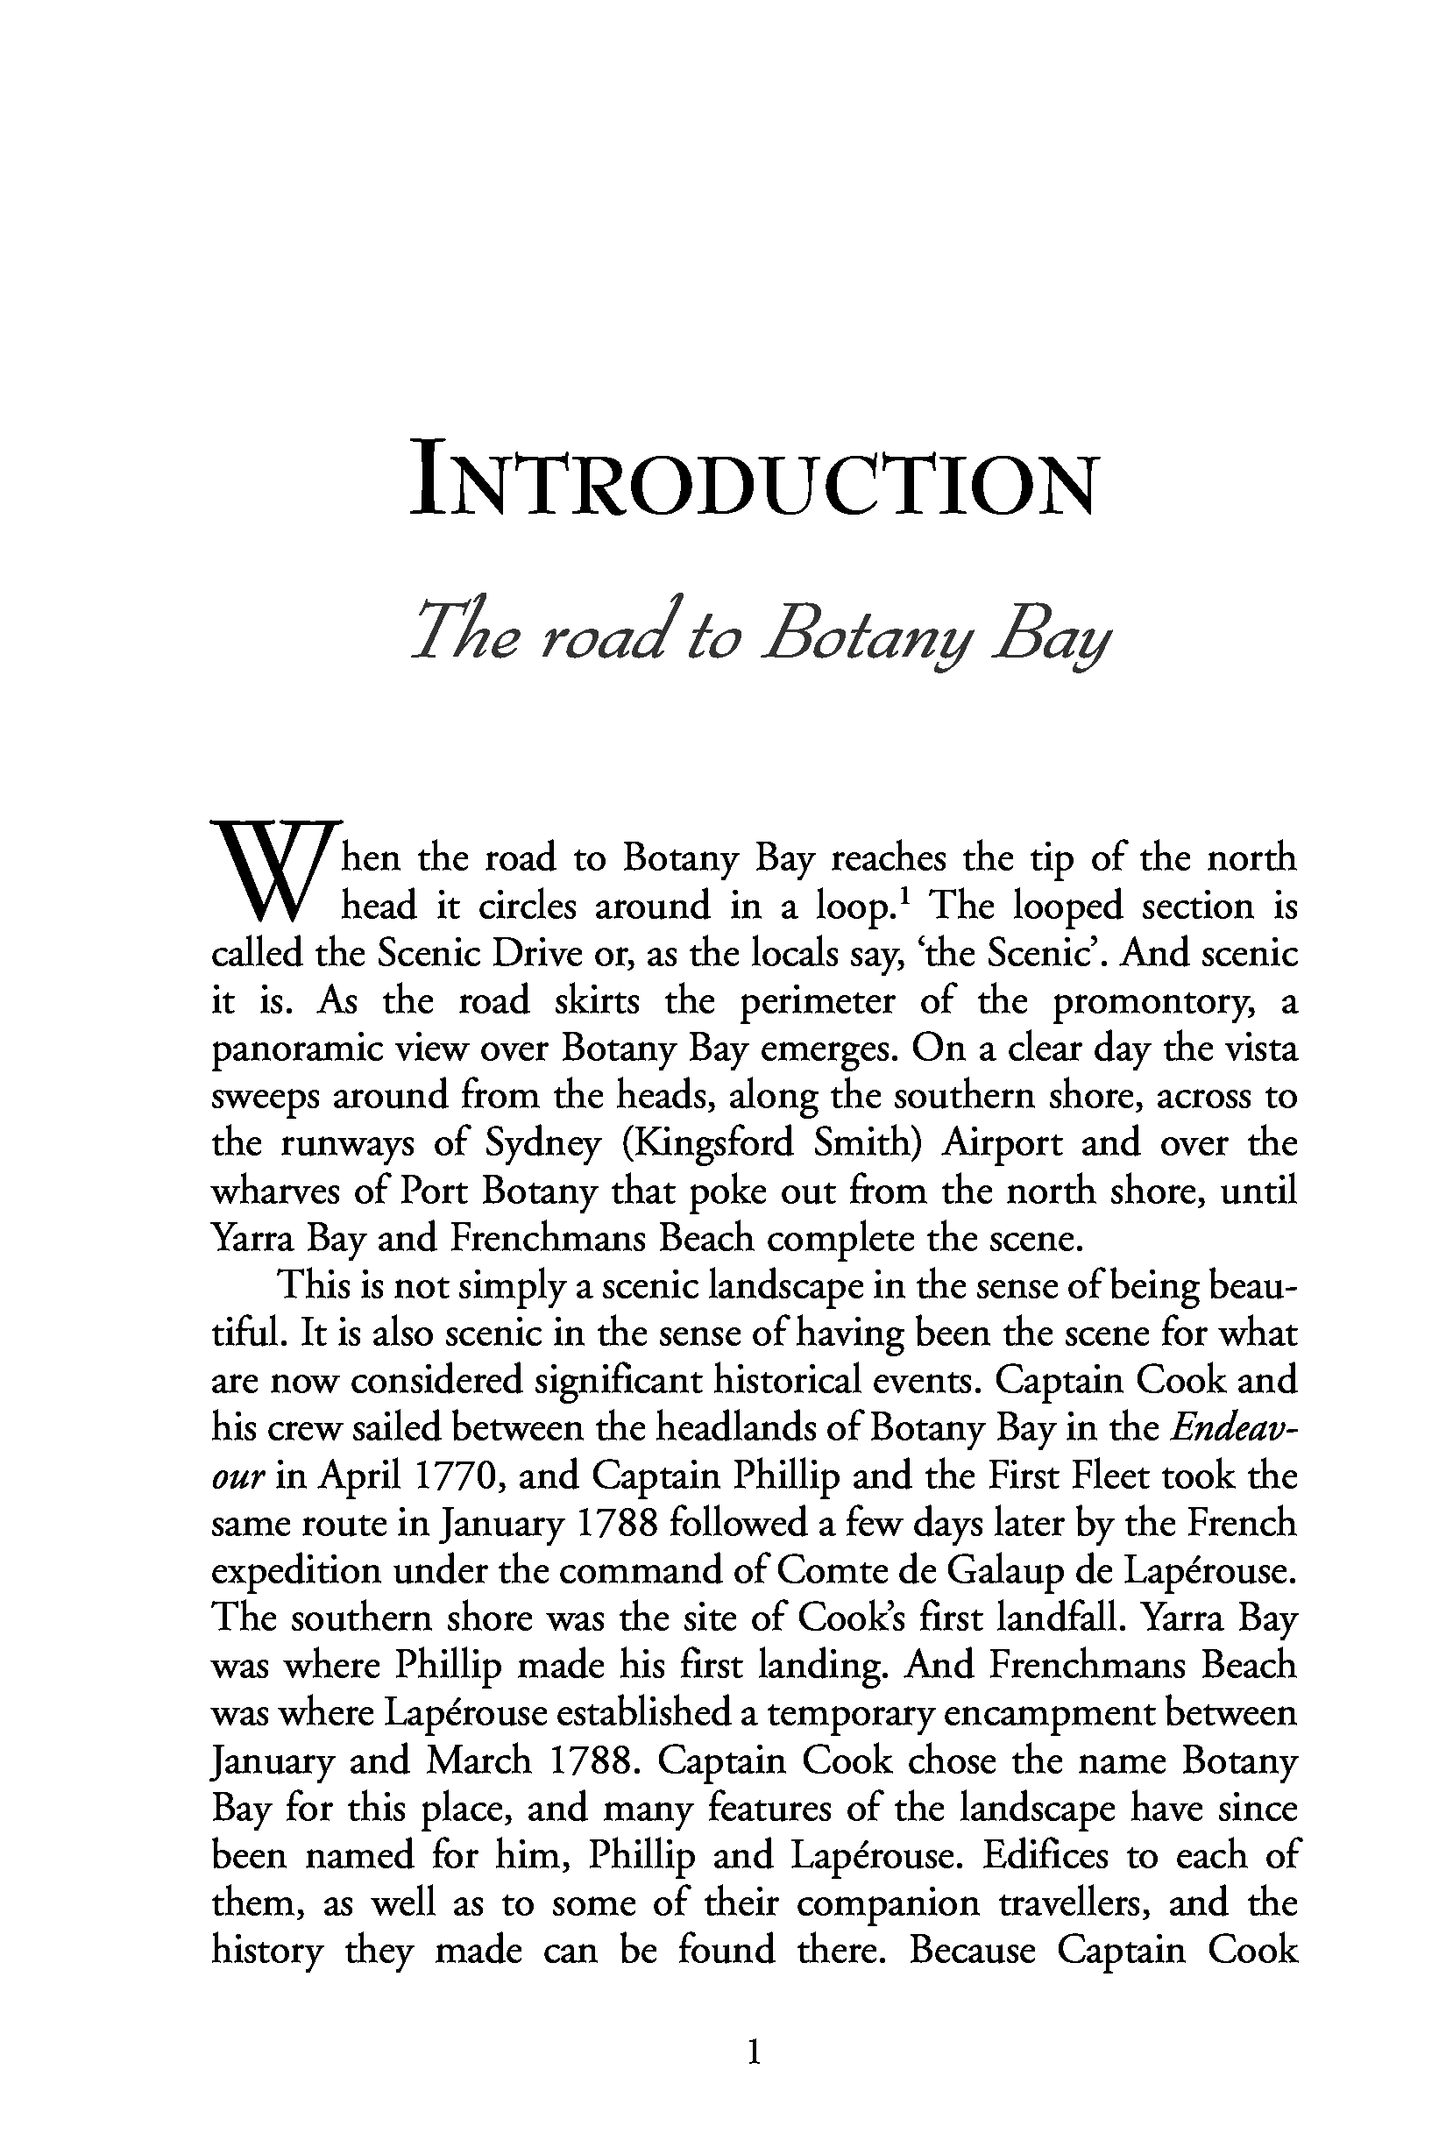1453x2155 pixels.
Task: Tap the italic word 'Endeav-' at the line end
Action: [1232, 1429]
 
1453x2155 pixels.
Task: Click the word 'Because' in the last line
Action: [972, 1952]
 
